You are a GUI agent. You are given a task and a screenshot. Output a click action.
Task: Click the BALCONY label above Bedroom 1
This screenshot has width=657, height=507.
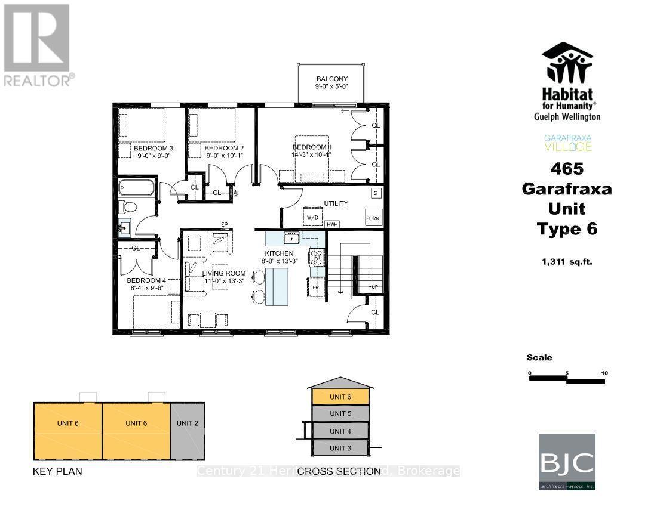coord(331,79)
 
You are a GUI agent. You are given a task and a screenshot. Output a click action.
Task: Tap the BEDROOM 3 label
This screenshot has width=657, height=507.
coord(153,148)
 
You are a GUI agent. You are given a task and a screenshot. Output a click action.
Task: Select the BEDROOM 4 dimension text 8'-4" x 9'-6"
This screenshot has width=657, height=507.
coord(146,288)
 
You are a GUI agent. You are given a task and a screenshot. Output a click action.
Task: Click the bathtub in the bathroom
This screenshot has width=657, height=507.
coord(137,188)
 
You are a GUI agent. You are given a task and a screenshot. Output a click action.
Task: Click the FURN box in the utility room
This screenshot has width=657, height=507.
coord(373,218)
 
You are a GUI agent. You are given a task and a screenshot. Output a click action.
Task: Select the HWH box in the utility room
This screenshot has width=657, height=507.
coord(333,224)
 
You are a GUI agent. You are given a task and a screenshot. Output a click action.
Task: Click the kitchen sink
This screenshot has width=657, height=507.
coord(292,239)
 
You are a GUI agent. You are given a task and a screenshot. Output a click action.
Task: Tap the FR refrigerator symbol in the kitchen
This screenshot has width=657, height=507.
coord(315,287)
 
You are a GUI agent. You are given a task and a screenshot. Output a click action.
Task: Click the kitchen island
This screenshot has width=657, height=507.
coord(277,286)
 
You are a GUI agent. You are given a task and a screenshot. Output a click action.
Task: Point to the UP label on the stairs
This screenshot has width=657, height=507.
coord(374,287)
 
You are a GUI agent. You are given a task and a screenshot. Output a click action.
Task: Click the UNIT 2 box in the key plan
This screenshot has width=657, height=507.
coord(188,423)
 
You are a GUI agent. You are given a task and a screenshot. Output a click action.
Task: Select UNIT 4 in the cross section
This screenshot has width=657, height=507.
coord(340,431)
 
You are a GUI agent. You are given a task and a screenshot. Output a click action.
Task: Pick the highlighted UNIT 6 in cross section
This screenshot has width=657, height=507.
coord(340,397)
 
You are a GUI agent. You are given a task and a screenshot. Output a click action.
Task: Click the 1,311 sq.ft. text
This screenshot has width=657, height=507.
coord(567,261)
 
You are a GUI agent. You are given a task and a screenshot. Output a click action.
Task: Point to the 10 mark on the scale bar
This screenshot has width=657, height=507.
coord(604,373)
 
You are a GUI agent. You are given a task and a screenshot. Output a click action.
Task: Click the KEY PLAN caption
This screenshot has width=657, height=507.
coord(57,471)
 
